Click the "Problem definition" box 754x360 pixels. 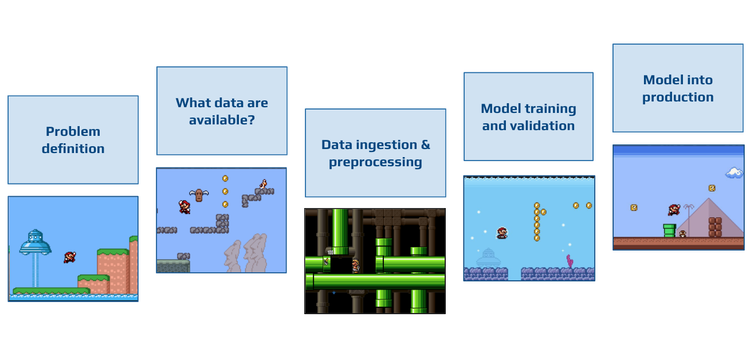(73, 140)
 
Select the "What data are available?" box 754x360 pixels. (222, 111)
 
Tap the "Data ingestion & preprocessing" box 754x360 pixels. (376, 153)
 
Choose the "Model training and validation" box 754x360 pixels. (528, 116)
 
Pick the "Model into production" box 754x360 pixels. (678, 88)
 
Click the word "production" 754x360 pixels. (678, 97)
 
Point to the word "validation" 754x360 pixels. (545, 126)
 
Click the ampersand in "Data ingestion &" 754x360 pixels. (426, 145)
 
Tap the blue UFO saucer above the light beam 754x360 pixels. (36, 242)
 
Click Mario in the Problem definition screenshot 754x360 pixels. (70, 257)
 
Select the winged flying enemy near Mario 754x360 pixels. (199, 195)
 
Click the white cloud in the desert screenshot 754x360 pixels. (734, 173)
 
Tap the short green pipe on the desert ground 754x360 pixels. (670, 230)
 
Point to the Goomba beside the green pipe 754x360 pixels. (682, 234)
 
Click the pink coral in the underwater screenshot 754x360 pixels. (570, 261)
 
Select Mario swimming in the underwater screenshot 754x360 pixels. (502, 233)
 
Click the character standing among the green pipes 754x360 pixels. (355, 265)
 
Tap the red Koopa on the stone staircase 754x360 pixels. (263, 184)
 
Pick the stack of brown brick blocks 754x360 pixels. (715, 228)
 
